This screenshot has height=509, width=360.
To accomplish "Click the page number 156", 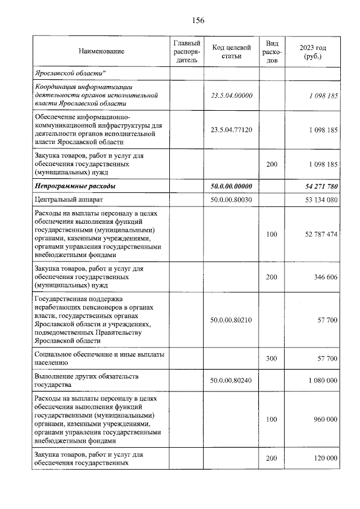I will (x=197, y=20).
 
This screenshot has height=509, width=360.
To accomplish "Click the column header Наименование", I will (x=101, y=52).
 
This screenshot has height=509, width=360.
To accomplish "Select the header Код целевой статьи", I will (x=231, y=52).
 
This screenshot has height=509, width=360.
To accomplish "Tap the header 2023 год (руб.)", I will (x=313, y=52).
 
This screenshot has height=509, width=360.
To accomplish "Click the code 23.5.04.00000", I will (x=231, y=96).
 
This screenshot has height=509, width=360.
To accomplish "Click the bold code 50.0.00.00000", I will (x=231, y=186).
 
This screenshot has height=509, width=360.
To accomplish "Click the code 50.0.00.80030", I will (x=231, y=200).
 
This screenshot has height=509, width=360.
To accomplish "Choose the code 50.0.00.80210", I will (x=231, y=320).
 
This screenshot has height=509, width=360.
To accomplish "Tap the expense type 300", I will (x=272, y=358).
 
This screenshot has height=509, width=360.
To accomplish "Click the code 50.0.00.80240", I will (x=231, y=380).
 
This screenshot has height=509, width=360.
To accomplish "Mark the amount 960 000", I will (x=323, y=419).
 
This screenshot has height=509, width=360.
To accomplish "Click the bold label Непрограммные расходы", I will (x=75, y=186).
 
